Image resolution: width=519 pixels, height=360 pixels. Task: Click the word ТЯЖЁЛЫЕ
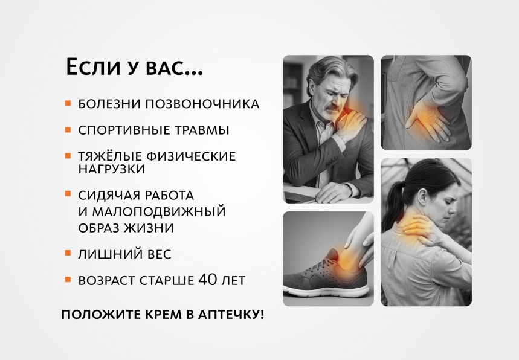pyautogui.click(x=109, y=156)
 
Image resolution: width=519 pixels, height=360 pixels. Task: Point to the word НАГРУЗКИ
pyautogui.click(x=111, y=169)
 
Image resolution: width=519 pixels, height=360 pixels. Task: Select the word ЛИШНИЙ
pyautogui.click(x=106, y=255)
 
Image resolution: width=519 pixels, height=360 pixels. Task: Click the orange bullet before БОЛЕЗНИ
pyautogui.click(x=68, y=104)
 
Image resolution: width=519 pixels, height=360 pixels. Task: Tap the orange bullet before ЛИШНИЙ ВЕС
pyautogui.click(x=68, y=255)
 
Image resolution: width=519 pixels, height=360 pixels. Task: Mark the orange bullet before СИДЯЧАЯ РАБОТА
pyautogui.click(x=68, y=195)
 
